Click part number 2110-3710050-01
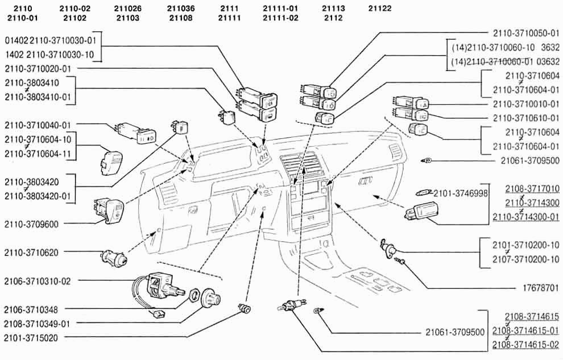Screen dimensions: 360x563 [526, 33]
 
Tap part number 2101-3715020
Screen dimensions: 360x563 [34, 337]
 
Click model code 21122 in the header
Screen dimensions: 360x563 [380, 9]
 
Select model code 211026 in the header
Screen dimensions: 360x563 [128, 9]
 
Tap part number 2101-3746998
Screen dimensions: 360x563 [461, 193]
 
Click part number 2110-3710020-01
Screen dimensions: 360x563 [38, 69]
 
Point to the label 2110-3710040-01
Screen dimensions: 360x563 [38, 125]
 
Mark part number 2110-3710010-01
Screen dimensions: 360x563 [526, 105]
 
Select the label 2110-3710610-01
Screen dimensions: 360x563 [526, 118]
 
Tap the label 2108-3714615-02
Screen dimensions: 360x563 [526, 345]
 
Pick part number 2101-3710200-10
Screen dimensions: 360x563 [526, 245]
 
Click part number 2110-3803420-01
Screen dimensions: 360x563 [38, 196]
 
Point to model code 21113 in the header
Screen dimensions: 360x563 [333, 9]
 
